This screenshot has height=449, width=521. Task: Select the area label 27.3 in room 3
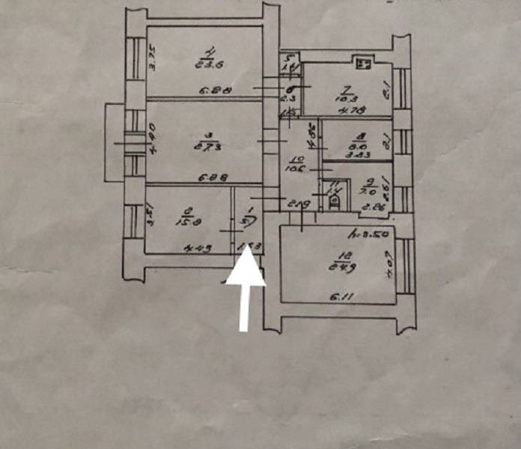point(202,147)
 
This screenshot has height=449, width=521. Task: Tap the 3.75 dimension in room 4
point(151,58)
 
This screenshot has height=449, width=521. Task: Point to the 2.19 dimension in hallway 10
point(300,204)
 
